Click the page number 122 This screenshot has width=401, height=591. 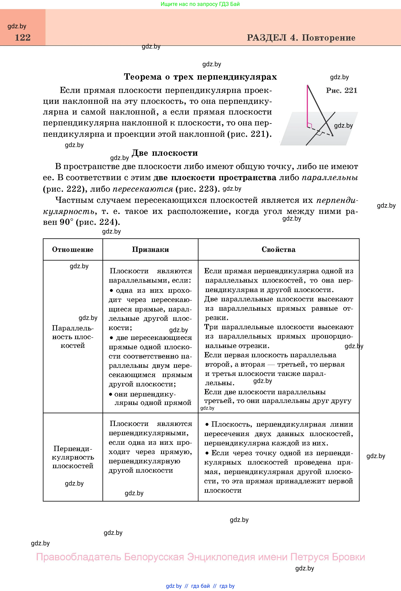coord(23,38)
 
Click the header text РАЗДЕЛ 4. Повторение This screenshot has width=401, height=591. coord(301,38)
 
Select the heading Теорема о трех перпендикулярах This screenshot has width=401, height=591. coord(200,77)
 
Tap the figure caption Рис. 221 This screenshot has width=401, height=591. coord(341,90)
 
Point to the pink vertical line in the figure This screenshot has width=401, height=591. coord(308,107)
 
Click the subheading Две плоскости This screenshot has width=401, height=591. coord(165,153)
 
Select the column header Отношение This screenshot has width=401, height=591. coord(73,249)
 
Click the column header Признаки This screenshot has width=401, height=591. coord(150,249)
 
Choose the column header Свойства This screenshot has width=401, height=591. coord(278,249)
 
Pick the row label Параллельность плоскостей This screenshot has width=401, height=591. coord(73,337)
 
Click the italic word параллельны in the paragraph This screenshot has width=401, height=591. coord(330,178)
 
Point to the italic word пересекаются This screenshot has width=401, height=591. coord(143,189)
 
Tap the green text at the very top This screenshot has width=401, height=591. coord(200,4)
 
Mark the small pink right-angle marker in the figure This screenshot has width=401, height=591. coord(310,125)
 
